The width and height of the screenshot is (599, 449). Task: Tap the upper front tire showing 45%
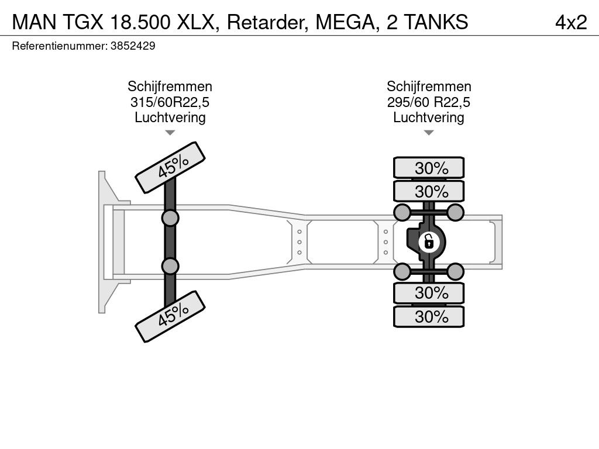[170, 168]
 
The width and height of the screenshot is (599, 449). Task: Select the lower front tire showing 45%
[170, 316]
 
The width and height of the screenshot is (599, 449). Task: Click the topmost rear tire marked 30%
[429, 168]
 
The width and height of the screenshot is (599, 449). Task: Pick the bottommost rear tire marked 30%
[429, 316]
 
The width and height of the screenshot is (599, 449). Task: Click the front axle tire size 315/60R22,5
[170, 102]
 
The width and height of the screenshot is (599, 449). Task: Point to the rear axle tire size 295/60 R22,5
[429, 102]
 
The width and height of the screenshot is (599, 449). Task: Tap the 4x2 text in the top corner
[571, 22]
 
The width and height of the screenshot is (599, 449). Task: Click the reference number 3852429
[133, 46]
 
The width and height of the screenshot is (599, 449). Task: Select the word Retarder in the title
[268, 22]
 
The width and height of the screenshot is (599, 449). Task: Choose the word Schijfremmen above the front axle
[170, 87]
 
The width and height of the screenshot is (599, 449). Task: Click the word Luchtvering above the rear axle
[429, 117]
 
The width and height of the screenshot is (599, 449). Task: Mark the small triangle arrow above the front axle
[170, 133]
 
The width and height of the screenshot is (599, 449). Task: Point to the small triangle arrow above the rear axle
[429, 133]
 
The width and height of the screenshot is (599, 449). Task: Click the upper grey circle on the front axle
[170, 219]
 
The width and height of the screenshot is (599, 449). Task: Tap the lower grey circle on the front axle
[170, 266]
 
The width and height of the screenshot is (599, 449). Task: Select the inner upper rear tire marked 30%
[429, 191]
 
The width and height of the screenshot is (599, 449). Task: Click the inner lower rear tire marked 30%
[429, 293]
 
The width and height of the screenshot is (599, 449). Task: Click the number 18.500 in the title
[140, 22]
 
